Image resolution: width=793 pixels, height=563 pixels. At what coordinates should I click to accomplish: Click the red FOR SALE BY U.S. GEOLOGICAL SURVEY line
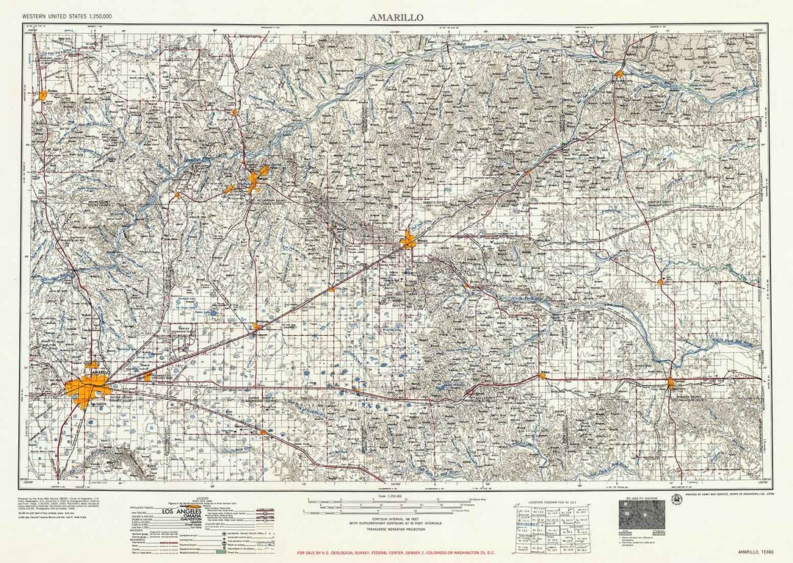396,552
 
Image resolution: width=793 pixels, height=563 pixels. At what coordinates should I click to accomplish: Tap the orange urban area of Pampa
408,239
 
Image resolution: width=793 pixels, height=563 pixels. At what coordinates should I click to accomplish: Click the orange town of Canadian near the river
620,73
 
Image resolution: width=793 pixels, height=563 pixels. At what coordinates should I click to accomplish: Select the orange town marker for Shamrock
671,382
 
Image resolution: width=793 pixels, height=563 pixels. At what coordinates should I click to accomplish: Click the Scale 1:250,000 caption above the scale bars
396,497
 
